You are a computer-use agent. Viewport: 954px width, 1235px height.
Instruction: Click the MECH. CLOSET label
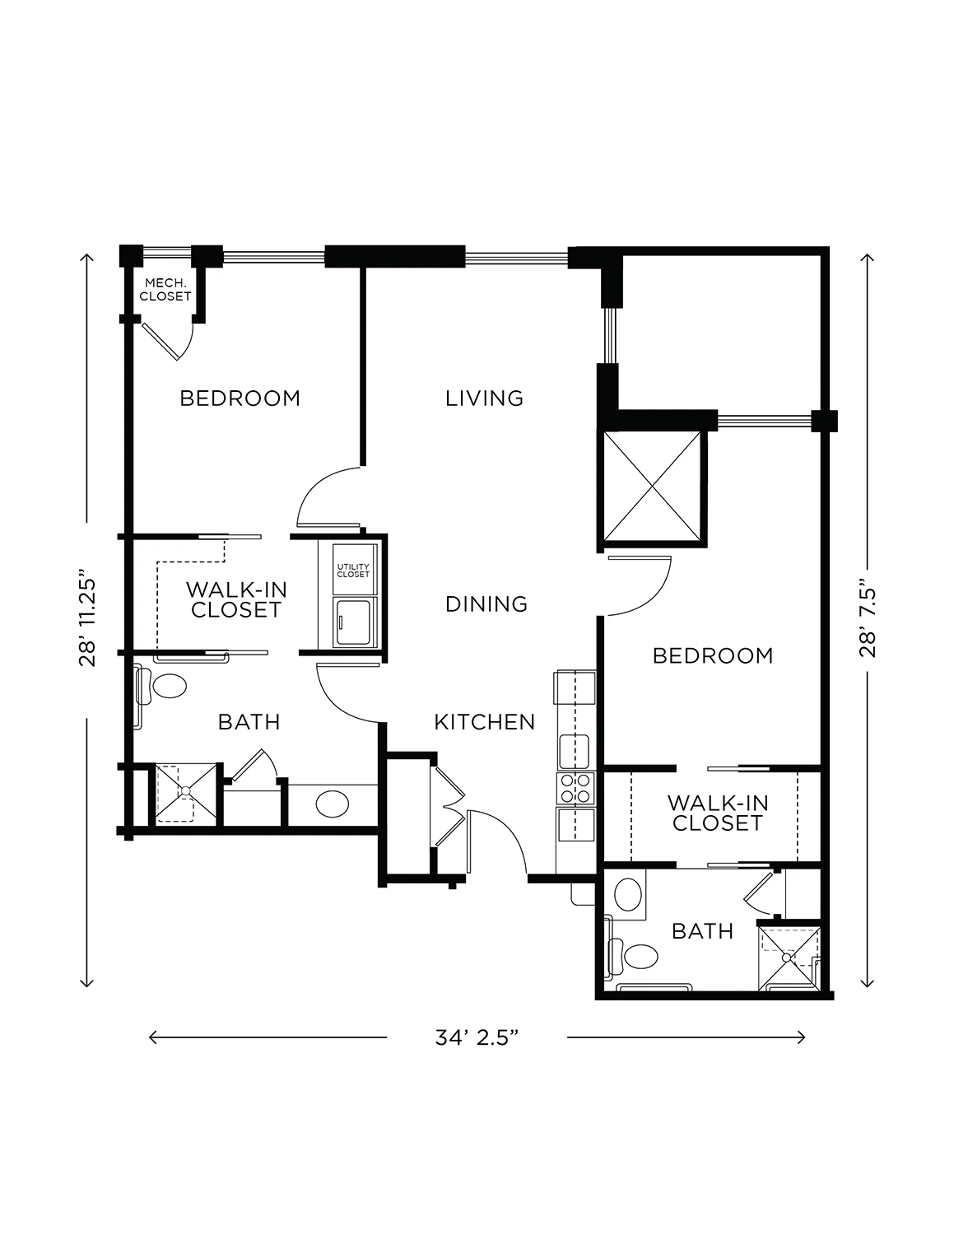pos(165,289)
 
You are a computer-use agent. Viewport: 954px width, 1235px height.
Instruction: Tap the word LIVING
pos(484,398)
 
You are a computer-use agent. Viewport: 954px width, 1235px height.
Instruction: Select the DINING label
pos(486,604)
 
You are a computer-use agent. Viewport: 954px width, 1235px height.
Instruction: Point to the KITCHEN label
pos(485,722)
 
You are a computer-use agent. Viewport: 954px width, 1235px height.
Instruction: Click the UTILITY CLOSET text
pos(353,571)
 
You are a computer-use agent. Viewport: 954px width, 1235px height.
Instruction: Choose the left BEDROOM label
pos(240,398)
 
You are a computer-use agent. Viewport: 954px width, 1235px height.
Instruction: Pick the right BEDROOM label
pos(713,656)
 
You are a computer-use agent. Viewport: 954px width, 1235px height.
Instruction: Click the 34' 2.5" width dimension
pos(477,1038)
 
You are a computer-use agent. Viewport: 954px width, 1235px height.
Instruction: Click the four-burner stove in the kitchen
pos(575,788)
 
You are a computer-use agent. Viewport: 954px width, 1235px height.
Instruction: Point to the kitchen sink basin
pos(574,752)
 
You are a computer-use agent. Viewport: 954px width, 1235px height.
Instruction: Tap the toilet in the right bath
pos(634,958)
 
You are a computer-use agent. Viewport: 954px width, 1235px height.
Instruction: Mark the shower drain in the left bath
pos(186,791)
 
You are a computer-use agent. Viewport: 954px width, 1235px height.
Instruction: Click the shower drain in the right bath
pos(786,958)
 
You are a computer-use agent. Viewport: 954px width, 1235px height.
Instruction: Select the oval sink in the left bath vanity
pos(332,804)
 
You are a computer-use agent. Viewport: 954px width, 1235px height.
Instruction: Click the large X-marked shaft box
pos(652,487)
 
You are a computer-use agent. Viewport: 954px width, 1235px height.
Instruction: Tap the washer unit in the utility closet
pos(353,622)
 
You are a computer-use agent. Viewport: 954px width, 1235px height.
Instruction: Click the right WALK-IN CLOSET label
pos(718,813)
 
